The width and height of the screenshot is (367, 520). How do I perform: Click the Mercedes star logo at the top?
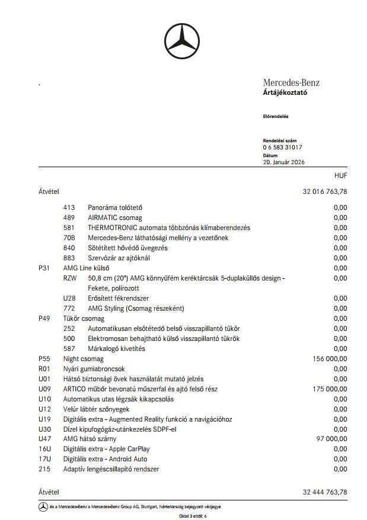click(182, 41)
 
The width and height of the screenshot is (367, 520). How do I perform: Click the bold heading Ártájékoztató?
click(285, 93)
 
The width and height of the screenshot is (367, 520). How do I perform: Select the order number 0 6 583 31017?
click(282, 148)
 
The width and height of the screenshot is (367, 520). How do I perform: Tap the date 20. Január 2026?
click(285, 162)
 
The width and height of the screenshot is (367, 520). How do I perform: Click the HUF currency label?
click(340, 176)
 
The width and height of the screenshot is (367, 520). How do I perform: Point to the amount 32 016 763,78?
click(324, 192)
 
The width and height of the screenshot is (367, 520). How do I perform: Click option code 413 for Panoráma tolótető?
click(69, 208)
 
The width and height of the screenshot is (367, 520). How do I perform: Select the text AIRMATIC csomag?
click(115, 218)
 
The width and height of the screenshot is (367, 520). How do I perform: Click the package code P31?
click(44, 268)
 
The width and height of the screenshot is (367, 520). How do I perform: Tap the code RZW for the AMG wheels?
click(70, 278)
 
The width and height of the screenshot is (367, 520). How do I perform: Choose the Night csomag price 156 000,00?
click(329, 359)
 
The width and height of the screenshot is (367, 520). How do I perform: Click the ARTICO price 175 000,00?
click(329, 389)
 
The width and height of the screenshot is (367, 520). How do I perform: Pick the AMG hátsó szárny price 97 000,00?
click(331, 439)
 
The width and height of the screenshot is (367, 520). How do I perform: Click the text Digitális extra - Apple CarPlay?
click(105, 449)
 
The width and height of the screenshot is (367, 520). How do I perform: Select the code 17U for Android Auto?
click(44, 460)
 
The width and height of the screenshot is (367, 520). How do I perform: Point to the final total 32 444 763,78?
click(324, 492)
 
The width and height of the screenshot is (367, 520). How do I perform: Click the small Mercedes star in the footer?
click(43, 507)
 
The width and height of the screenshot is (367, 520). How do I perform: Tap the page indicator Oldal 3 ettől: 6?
click(193, 516)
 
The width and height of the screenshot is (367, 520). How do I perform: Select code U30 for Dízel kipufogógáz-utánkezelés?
click(44, 429)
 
